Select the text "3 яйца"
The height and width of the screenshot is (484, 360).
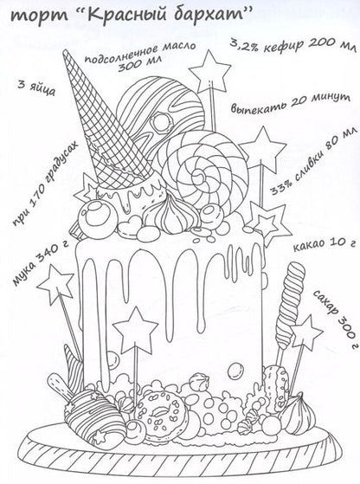click(36, 88)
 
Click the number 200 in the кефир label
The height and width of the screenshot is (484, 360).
click(321, 44)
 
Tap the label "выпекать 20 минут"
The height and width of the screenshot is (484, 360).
click(290, 103)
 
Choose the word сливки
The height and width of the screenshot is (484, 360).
click(305, 165)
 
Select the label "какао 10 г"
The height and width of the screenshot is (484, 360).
click(323, 244)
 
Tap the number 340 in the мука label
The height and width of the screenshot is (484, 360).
click(51, 253)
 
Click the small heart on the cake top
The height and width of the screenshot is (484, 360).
click(128, 225)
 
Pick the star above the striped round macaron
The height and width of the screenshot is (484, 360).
click(209, 74)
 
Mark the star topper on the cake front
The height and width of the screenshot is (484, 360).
click(135, 330)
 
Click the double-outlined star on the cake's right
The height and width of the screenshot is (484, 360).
click(267, 223)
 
